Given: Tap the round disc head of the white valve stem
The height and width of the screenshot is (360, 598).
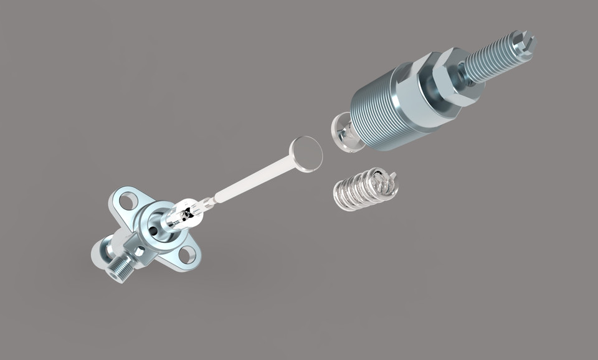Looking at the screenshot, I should (x=306, y=153).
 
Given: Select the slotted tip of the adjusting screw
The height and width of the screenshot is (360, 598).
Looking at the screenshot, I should (x=524, y=46).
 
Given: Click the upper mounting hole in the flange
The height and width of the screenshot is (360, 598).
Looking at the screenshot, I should (x=128, y=201).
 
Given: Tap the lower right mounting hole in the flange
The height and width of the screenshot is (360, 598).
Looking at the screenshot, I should (x=186, y=254).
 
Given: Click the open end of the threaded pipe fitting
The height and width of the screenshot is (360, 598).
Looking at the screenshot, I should (x=113, y=274).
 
